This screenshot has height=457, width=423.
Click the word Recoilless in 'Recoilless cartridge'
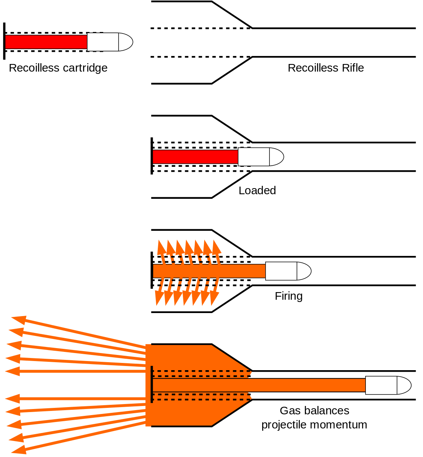coord(34,68)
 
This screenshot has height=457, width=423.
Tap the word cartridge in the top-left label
coord(85,68)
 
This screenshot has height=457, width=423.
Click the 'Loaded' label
coord(257,190)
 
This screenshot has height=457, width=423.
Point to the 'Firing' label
coord(288,296)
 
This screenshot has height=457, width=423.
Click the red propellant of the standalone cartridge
coord(46,42)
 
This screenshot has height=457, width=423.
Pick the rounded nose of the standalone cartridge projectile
coord(126,42)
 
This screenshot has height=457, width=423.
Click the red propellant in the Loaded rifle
coord(195,157)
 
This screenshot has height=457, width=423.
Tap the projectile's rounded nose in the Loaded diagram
coord(277,157)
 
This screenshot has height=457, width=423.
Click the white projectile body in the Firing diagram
coord(281,271)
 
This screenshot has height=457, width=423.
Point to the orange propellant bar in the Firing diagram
coord(209,271)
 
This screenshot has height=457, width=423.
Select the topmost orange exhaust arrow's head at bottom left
coord(19,321)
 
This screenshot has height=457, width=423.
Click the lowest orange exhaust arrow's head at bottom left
coord(19,450)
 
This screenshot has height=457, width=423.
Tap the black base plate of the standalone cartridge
coord(4,41)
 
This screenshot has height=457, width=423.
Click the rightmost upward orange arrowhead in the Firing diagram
coord(216,248)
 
